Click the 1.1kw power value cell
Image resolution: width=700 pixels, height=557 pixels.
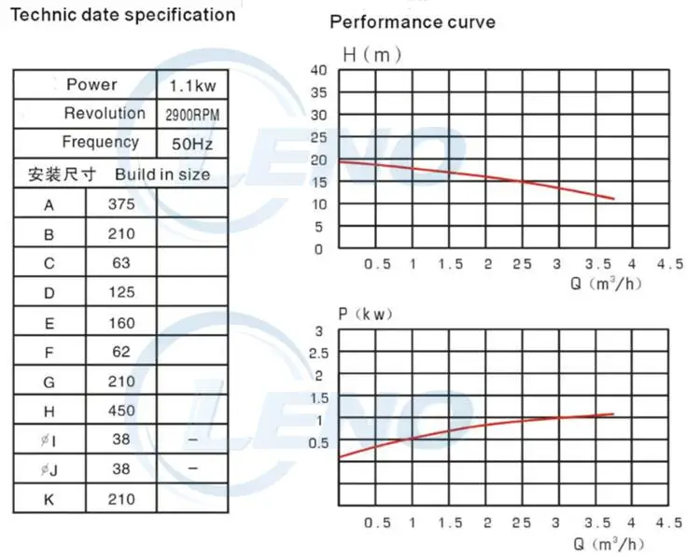(191, 86)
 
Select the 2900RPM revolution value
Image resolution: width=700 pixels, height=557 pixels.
(191, 116)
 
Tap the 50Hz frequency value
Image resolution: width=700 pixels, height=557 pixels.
(191, 146)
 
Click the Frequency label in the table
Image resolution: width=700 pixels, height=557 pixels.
(100, 142)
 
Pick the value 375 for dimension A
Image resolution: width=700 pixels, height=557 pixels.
(121, 204)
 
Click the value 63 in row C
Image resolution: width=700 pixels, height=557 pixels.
(121, 263)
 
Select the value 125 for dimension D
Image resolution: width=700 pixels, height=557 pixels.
(121, 293)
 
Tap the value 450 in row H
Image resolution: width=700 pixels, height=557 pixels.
(121, 410)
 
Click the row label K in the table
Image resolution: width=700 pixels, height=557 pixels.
(49, 499)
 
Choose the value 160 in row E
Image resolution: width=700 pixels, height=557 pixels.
(121, 323)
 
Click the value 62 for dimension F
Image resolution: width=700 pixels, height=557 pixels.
(121, 352)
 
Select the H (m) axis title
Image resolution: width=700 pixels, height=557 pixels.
(371, 54)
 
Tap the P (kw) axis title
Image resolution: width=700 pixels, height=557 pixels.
(366, 313)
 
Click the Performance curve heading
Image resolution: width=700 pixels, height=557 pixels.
(413, 21)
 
